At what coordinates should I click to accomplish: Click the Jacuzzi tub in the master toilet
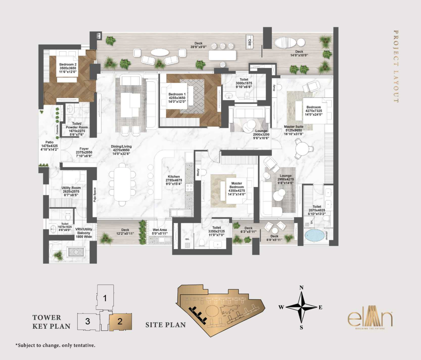pos(314,235)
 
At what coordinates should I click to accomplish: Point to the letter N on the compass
pos(301,288)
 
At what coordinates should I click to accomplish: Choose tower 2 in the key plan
pos(120,321)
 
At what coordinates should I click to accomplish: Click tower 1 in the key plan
pos(105,298)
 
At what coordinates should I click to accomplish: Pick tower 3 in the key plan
pos(88,321)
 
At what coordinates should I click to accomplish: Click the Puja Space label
pos(94,195)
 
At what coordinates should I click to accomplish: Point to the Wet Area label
pos(160,231)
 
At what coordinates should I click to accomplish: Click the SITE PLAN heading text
pos(166,325)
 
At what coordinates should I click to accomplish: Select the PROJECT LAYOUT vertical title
pos(396,66)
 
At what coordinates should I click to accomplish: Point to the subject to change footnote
pos(55,345)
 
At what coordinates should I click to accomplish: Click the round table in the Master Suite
pos(303,149)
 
